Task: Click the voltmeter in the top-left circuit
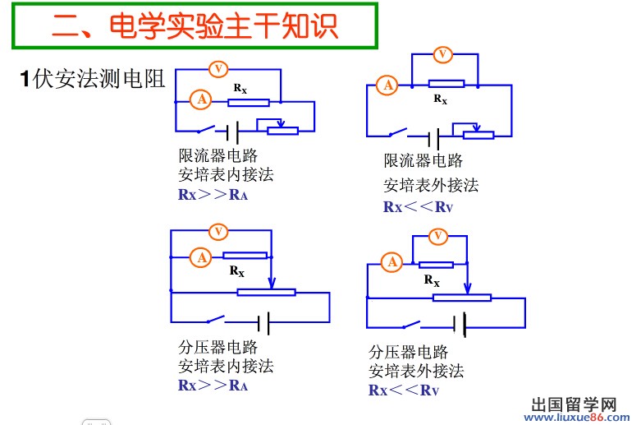[219, 69]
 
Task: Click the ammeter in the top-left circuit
[200, 100]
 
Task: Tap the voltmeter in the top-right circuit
[442, 54]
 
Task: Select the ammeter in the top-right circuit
[387, 84]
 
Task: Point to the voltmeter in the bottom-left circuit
[218, 232]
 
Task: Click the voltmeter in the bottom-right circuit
[437, 237]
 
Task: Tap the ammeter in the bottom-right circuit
[392, 262]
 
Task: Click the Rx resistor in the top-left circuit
[249, 102]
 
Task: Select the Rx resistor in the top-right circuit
[446, 84]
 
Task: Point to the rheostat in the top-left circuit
[284, 127]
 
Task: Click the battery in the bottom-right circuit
[465, 325]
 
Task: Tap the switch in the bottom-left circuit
[216, 320]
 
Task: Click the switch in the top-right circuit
[399, 133]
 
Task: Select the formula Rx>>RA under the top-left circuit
[213, 195]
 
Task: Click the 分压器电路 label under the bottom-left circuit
[217, 346]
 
